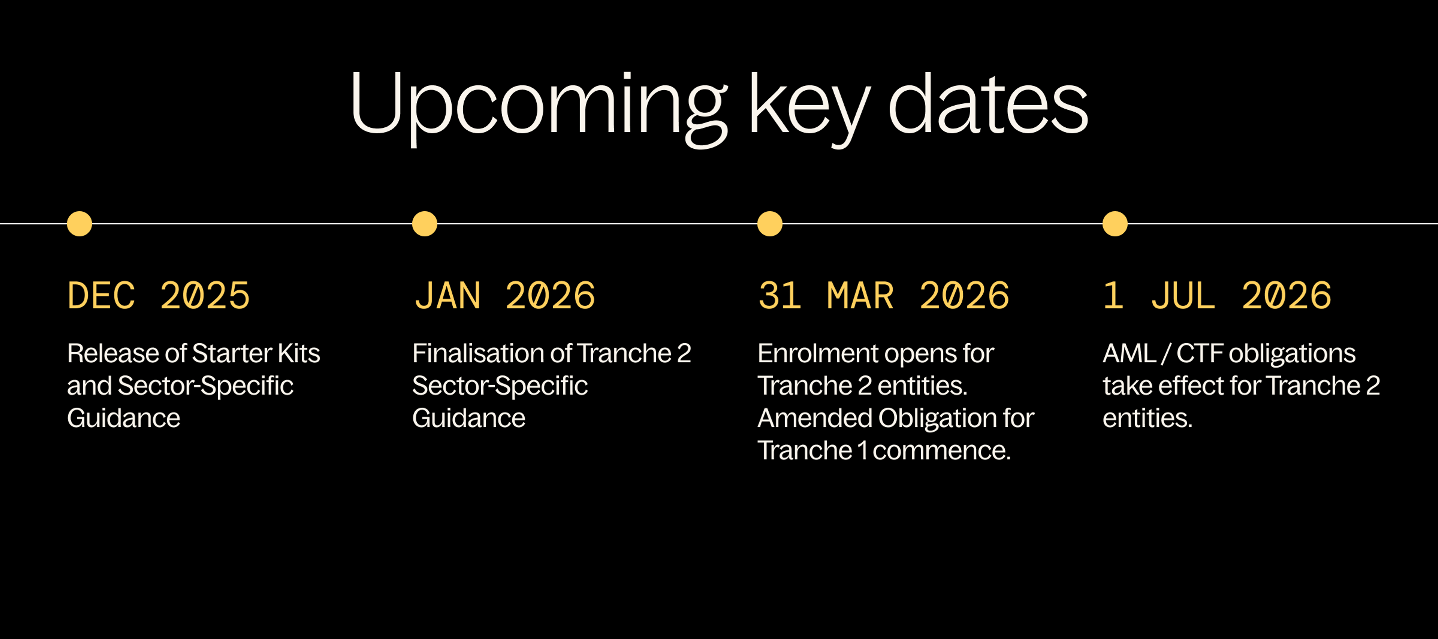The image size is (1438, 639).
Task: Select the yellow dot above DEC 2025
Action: coord(79,224)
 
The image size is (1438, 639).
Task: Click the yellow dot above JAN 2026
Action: coord(424,224)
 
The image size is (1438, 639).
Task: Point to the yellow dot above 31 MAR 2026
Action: coord(770,224)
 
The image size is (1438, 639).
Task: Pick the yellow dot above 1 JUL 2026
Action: coord(1115,224)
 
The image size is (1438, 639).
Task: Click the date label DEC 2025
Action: coord(158,296)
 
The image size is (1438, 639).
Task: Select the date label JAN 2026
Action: coord(504,296)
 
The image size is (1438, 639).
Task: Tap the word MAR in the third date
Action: coord(860,296)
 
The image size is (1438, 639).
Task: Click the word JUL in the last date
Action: coord(1183,296)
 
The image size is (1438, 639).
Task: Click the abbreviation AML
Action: coord(1129,354)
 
